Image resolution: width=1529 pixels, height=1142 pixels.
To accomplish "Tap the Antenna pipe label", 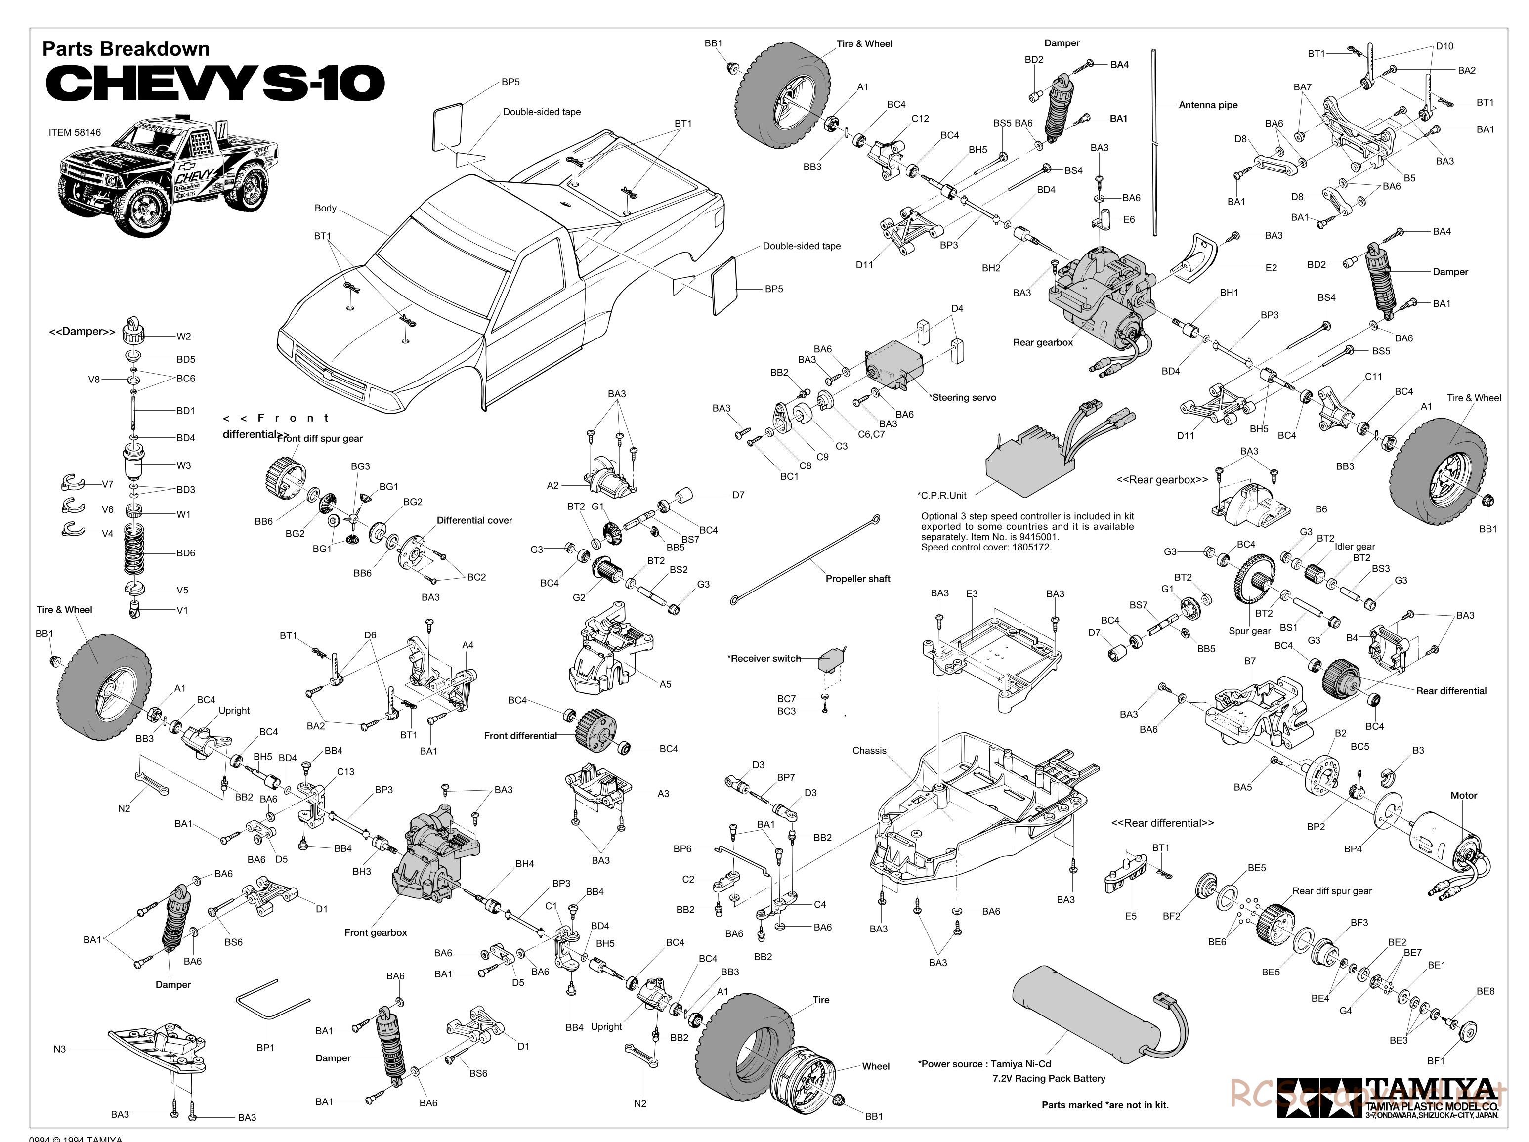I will click(1208, 105).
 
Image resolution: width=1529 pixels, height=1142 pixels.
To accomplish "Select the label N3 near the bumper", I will click(59, 1049).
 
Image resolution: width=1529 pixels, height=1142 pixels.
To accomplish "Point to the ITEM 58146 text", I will click(75, 133).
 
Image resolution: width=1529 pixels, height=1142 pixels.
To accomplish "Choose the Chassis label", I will click(869, 750).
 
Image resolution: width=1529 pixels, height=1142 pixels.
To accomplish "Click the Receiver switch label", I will click(764, 658).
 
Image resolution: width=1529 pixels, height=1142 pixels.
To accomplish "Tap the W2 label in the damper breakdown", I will click(183, 337).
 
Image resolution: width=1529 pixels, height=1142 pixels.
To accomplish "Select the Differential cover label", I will click(474, 520).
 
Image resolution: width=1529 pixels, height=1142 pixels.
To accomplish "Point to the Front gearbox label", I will click(376, 932).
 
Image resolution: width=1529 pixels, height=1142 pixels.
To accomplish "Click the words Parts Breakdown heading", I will click(126, 49).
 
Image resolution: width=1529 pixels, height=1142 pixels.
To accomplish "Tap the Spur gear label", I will click(1250, 631).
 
